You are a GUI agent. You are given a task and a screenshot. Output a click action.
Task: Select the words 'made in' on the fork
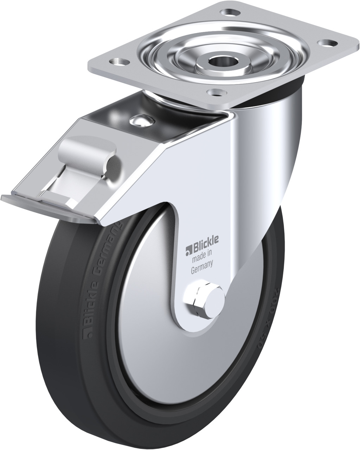coord(201,260)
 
